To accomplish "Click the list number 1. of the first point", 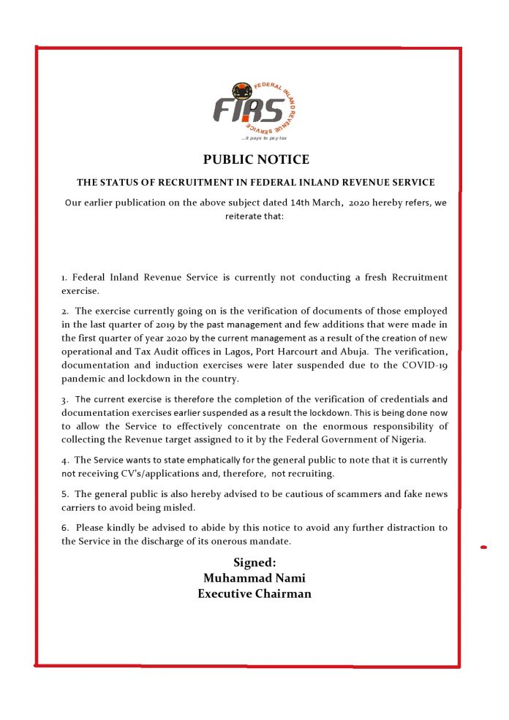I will click(x=64, y=278).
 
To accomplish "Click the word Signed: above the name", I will click(x=254, y=562).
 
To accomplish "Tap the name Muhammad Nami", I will click(x=254, y=577).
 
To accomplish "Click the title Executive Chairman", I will click(x=254, y=594).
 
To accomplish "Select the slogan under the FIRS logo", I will click(x=254, y=137).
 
